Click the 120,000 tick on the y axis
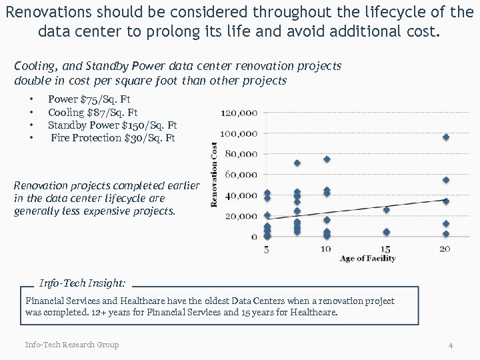click(x=239, y=113)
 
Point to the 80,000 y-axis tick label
click(x=241, y=154)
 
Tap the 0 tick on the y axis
click(x=254, y=237)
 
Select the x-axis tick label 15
click(x=385, y=249)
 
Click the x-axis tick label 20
click(x=445, y=249)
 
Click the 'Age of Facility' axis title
click(x=367, y=259)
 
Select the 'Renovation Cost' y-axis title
click(x=215, y=174)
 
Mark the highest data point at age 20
click(x=446, y=137)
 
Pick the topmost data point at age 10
click(x=327, y=159)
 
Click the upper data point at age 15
click(x=386, y=209)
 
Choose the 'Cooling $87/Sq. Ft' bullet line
click(x=93, y=113)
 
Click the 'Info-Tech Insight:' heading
click(x=83, y=283)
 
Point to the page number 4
click(x=451, y=345)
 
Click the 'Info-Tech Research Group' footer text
click(x=72, y=345)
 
